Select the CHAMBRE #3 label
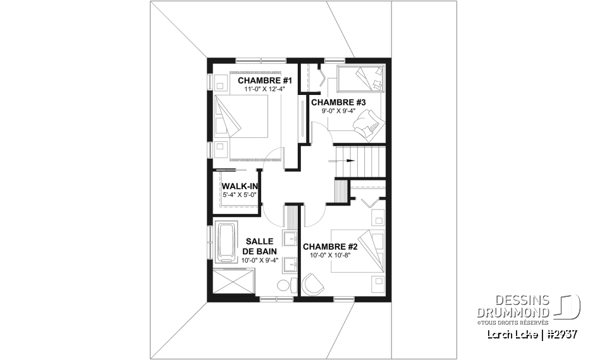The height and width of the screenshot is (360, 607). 338,102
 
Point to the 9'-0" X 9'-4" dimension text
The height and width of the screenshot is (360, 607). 339,111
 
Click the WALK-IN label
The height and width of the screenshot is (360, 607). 235,187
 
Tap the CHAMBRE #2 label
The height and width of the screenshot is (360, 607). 330,247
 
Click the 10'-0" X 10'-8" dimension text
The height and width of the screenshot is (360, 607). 330,256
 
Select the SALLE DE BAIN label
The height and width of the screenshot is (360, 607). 259,246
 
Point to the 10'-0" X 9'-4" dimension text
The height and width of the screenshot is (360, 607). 259,260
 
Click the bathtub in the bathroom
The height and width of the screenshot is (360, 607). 226,242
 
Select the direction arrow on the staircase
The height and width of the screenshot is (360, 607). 346,161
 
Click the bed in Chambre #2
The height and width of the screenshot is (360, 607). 360,251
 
